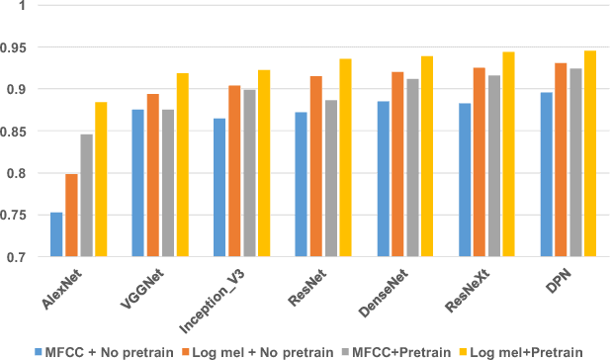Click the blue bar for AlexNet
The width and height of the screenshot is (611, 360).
pos(56,234)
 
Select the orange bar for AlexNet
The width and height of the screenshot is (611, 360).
pos(71,216)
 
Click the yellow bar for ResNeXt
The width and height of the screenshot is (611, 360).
pos(508,154)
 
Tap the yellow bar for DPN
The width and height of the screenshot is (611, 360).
pos(589,153)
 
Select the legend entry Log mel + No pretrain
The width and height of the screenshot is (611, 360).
pos(260,350)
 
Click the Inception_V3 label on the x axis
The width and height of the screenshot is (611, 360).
pos(210,292)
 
